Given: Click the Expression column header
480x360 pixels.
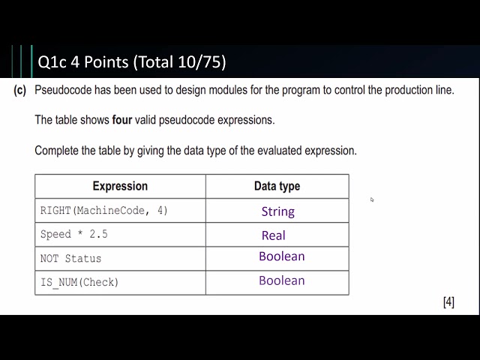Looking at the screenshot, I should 120,186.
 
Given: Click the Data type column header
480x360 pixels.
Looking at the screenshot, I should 277,186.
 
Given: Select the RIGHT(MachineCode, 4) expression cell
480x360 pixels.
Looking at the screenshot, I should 104,211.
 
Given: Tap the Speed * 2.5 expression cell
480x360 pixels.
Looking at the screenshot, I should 73,235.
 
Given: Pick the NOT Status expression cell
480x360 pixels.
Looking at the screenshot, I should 70,259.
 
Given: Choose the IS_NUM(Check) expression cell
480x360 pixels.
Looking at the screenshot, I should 79,283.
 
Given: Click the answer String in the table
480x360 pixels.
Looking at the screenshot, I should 277,211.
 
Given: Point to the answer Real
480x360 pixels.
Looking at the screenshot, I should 273,235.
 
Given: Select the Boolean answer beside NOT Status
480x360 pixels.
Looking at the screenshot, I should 281,256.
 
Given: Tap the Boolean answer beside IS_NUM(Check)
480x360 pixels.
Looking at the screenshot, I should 281,280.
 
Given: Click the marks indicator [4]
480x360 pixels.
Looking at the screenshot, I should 448,302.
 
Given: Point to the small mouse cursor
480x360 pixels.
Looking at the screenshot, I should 372,199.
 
